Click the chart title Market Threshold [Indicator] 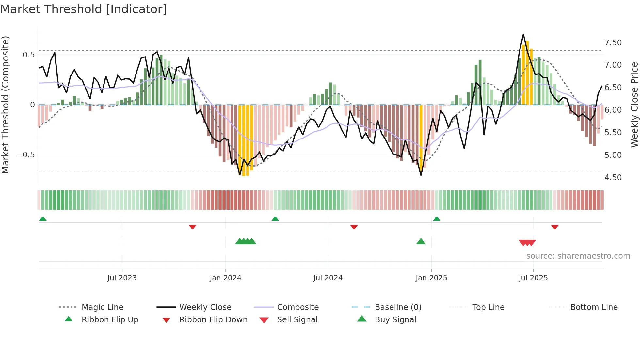click(84, 9)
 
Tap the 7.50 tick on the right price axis click(613, 43)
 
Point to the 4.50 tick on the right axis click(613, 178)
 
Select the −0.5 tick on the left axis click(26, 155)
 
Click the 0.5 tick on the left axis click(28, 55)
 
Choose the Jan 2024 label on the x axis click(225, 278)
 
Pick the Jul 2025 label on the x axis click(533, 278)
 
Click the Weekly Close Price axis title click(634, 105)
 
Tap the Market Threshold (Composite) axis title click(5, 105)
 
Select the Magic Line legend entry click(102, 307)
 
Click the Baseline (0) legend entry click(398, 307)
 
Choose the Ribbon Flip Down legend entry click(213, 320)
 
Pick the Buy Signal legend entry click(395, 320)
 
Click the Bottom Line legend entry click(594, 307)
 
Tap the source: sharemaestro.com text click(578, 256)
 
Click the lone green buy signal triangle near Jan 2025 click(421, 241)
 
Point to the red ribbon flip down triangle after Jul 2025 click(555, 227)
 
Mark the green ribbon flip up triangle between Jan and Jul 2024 click(275, 219)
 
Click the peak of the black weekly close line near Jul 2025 click(523, 34)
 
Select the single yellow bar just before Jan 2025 click(421, 137)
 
